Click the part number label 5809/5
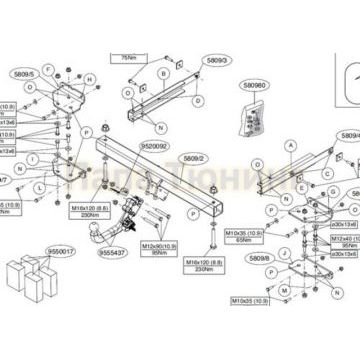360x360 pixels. coord(24,73)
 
